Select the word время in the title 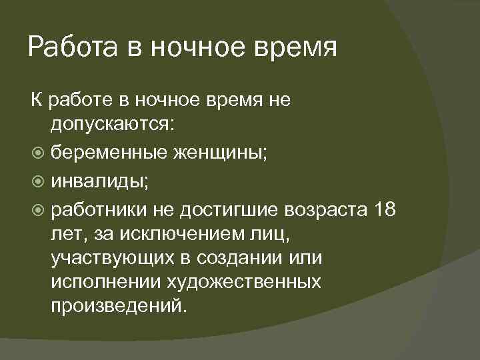tap(297, 48)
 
